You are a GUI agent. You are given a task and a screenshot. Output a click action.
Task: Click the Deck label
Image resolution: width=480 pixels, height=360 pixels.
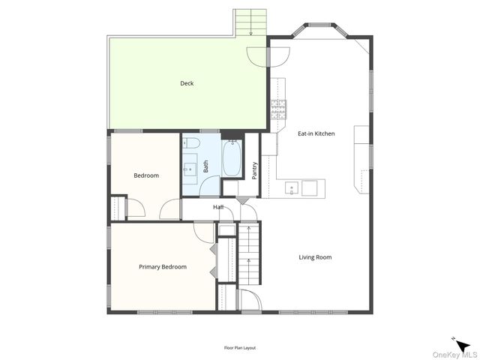click(187, 83)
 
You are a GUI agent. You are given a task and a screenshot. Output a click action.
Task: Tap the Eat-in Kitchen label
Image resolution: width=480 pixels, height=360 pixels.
click(316, 133)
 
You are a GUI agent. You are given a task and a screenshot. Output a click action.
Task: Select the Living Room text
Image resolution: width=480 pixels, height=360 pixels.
click(315, 257)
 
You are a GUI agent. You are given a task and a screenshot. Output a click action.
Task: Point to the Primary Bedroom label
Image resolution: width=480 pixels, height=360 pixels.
click(163, 266)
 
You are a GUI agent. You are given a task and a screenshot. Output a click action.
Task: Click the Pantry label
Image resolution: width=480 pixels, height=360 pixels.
click(255, 171)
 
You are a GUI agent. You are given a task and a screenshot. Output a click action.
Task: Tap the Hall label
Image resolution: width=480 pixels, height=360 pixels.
click(218, 207)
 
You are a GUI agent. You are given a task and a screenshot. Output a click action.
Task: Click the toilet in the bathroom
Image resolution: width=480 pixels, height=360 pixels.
click(191, 142)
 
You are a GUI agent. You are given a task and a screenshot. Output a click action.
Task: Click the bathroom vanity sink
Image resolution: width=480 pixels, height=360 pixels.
click(190, 168)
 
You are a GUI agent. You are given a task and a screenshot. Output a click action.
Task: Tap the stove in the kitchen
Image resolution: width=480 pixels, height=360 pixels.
click(278, 109)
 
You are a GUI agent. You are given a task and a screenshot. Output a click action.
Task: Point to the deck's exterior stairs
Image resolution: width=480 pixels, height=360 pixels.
click(251, 23)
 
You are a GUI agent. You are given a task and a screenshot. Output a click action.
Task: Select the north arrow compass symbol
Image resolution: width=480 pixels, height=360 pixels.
click(463, 344)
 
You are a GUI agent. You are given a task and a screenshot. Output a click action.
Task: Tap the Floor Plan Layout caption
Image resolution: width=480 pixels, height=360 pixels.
click(240, 348)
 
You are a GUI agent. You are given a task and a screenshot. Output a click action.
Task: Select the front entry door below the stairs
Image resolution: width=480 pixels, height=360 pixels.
click(249, 300)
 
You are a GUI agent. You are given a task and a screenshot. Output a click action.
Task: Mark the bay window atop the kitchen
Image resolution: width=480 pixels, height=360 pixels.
click(320, 30)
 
